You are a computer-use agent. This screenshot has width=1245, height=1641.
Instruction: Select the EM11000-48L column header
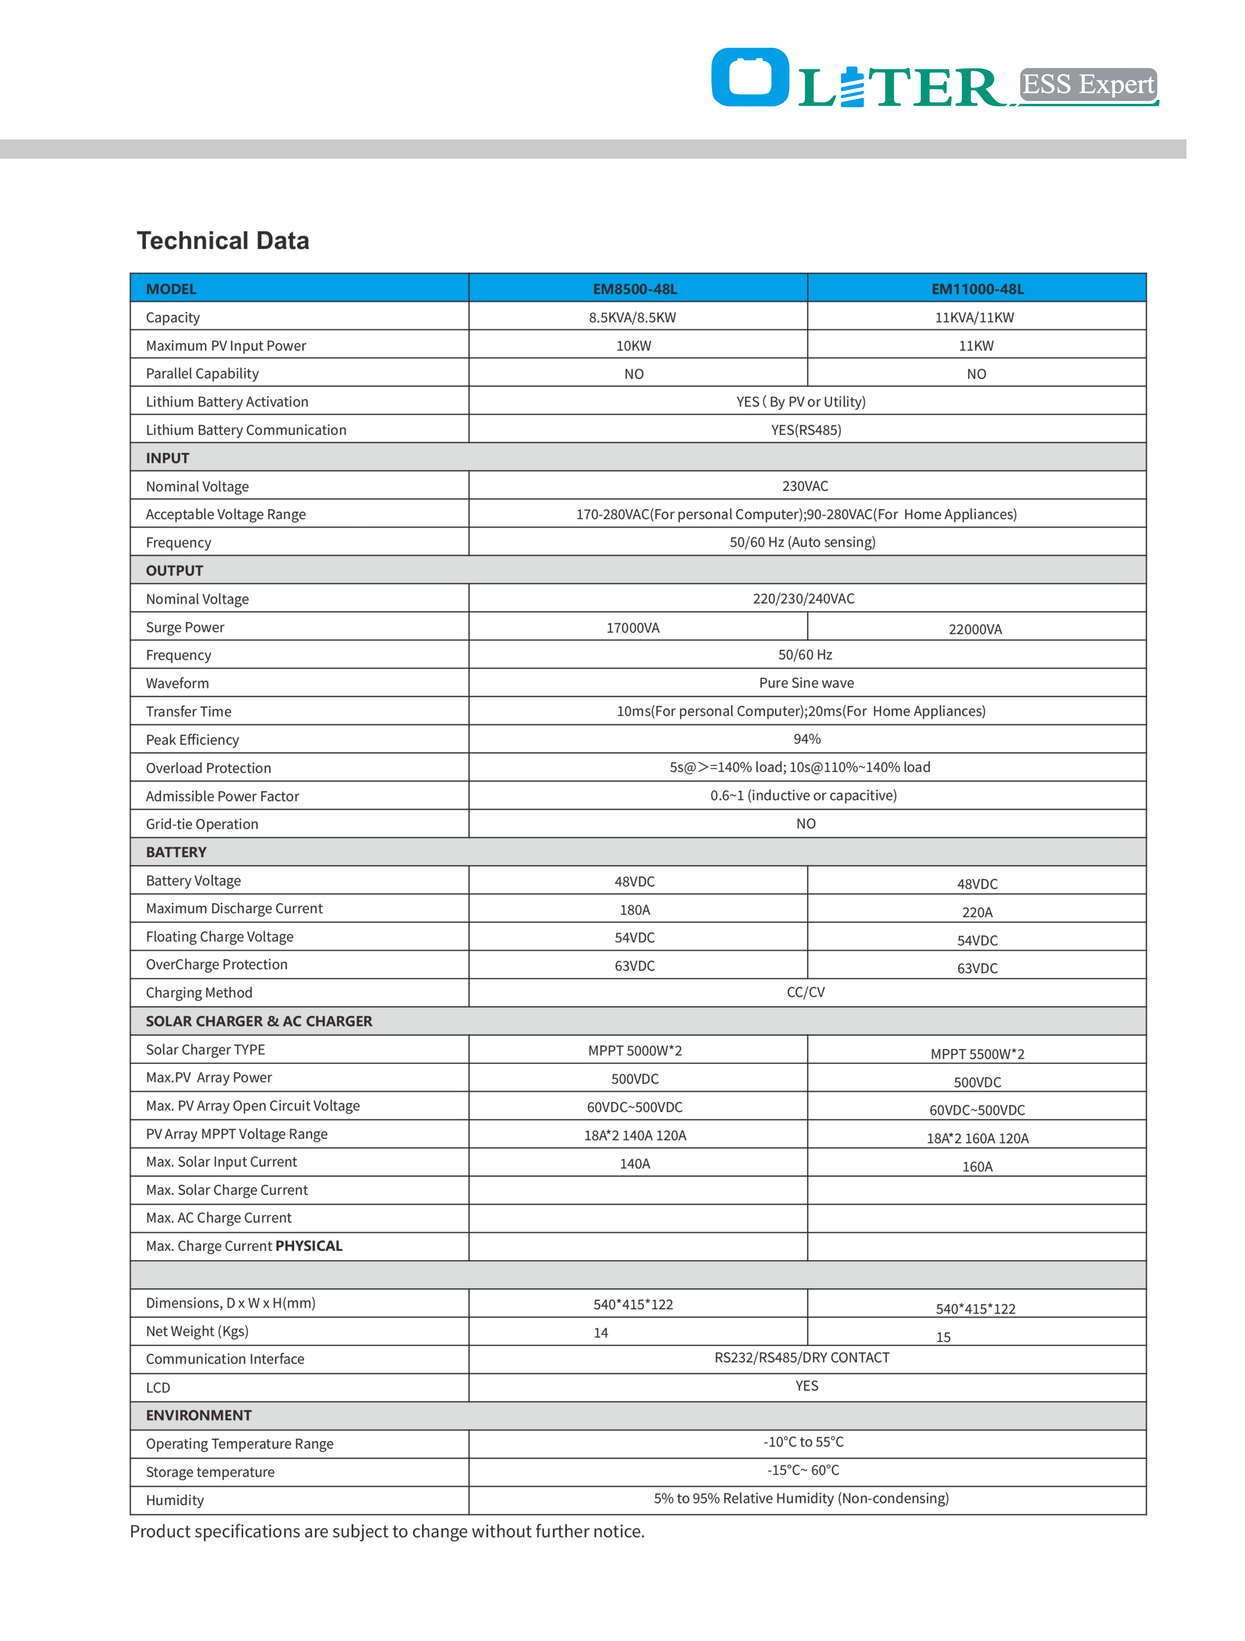[977, 289]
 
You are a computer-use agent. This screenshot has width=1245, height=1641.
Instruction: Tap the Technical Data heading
[223, 240]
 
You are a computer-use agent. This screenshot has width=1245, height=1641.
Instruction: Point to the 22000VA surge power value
[975, 629]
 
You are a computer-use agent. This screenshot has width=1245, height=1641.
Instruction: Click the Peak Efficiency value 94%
[807, 739]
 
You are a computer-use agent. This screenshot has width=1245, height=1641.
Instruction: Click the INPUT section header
[168, 458]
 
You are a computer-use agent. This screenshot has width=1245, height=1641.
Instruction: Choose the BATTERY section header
[176, 852]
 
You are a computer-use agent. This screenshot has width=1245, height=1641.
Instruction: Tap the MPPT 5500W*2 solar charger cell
[977, 1053]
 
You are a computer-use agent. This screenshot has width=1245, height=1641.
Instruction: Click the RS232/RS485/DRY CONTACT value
[801, 1357]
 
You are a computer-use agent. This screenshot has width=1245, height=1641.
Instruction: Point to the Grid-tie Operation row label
[202, 824]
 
